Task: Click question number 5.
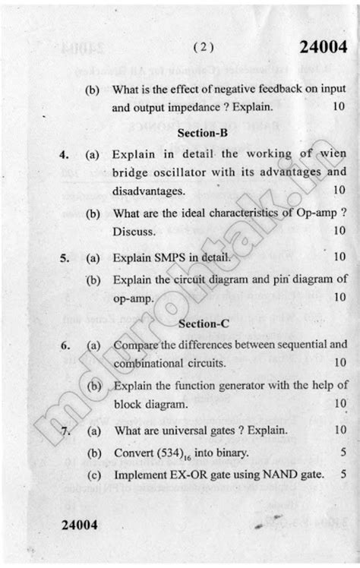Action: pos(65,257)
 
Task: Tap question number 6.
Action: pos(65,346)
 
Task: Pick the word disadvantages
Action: pos(147,188)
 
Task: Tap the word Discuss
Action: pos(134,230)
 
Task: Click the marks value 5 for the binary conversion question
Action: pos(344,453)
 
